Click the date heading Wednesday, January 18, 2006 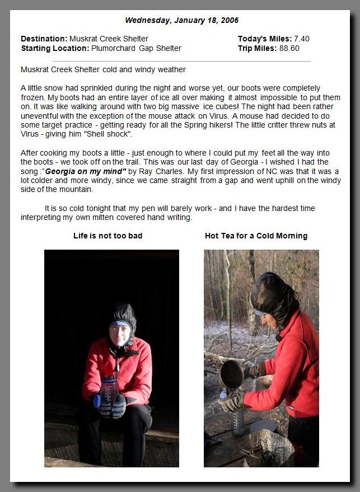coord(181,20)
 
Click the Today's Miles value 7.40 coord(301,39)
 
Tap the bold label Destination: coord(44,39)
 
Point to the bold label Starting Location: coord(54,48)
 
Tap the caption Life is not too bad coord(107,236)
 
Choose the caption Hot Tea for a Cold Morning coord(256,236)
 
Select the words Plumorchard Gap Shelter coord(136,48)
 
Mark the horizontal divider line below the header coord(181,61)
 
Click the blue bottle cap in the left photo coord(97,400)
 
